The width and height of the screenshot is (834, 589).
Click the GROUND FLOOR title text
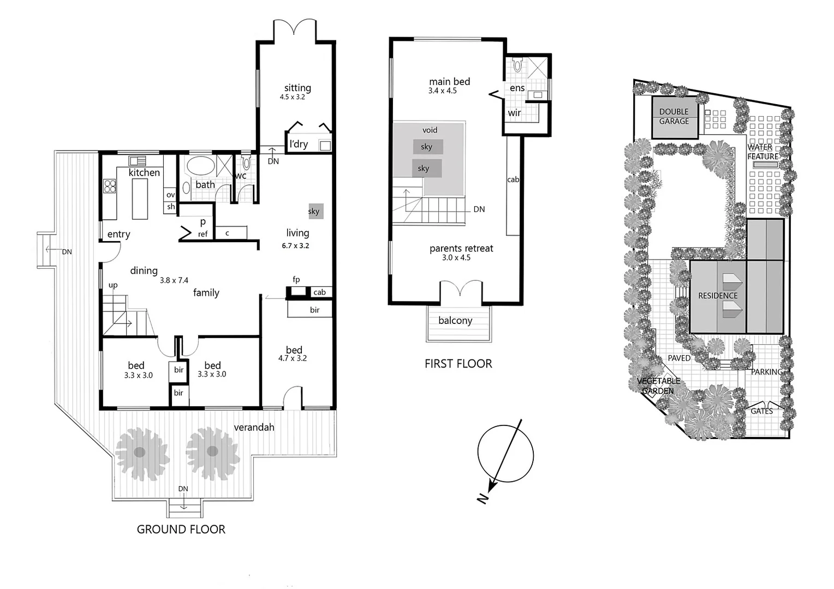coord(181,529)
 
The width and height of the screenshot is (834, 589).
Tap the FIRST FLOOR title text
coord(458,364)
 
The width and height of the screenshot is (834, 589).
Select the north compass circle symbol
coord(505,455)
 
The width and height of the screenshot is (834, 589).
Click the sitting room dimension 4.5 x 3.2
coord(292,97)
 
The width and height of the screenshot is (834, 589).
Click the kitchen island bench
coord(140,200)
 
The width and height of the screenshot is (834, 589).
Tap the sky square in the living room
coord(316,212)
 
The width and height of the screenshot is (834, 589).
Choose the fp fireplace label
coord(296,280)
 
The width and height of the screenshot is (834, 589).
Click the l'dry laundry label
coord(299,144)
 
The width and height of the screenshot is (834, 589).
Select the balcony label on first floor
coord(455,321)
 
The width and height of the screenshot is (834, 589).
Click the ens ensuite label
coord(517,88)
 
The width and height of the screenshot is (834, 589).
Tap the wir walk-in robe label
coord(514,113)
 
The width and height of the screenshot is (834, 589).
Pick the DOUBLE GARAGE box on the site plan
coord(674,117)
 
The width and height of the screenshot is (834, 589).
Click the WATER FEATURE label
coord(762,152)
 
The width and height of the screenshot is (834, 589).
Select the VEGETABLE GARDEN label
coord(659,386)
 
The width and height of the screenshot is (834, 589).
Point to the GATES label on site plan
coord(761,411)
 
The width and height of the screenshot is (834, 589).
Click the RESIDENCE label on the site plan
coord(718,296)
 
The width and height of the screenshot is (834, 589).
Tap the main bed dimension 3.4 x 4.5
coord(442,91)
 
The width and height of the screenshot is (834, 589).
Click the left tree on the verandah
coord(140,451)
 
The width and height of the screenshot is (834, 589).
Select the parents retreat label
coord(461,249)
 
